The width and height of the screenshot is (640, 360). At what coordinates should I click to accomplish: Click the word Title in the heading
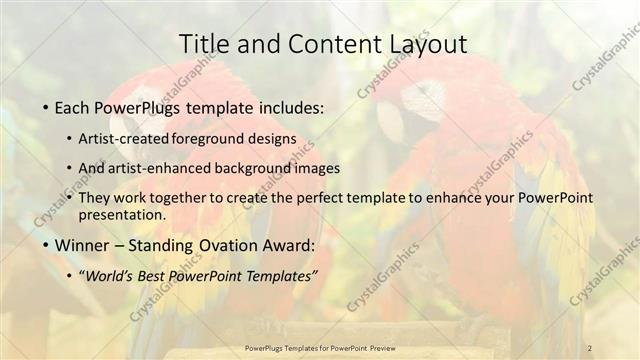coord(204,44)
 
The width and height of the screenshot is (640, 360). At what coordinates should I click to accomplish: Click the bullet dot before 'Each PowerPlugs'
coord(48,107)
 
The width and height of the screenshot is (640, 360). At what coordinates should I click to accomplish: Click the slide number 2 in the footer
coord(590,347)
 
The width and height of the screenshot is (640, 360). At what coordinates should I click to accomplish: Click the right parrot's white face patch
coord(422,100)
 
